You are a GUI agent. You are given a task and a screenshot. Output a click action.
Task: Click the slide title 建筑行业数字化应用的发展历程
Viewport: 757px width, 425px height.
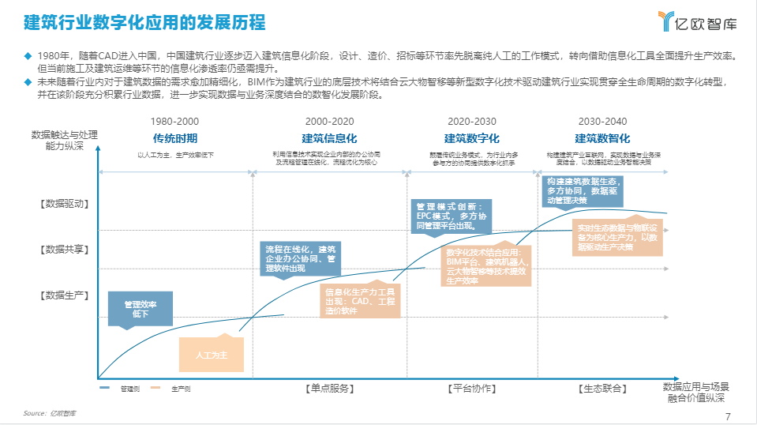tap(144, 21)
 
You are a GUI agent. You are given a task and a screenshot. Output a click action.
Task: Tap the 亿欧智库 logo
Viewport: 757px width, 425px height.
tap(697, 22)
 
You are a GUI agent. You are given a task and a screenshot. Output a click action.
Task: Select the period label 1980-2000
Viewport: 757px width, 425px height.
tap(174, 122)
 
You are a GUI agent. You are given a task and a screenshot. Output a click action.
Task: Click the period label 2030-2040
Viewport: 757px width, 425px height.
tap(602, 122)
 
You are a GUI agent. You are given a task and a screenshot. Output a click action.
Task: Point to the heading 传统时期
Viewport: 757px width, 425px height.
tap(174, 138)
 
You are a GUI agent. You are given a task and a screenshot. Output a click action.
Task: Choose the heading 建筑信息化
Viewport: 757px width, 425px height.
tap(330, 138)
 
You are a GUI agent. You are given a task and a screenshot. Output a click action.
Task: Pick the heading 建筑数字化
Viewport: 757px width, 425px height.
tap(471, 138)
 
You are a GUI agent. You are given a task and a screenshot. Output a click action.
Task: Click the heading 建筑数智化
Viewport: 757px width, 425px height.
tap(601, 138)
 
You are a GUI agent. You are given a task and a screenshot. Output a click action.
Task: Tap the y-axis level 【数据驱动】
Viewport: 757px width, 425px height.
tap(65, 204)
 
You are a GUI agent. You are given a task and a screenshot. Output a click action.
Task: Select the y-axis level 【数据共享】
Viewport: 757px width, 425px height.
tap(65, 250)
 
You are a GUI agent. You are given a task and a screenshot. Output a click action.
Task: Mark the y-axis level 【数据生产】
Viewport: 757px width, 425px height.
tap(65, 295)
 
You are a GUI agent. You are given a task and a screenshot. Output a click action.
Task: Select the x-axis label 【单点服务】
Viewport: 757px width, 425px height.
tap(329, 389)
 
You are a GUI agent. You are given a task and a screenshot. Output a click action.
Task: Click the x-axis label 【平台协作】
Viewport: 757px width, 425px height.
tap(471, 389)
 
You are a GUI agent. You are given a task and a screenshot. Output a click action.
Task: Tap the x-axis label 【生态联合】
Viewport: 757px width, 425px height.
tap(602, 389)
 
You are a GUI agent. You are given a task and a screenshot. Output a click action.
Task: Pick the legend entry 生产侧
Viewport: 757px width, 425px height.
tap(180, 389)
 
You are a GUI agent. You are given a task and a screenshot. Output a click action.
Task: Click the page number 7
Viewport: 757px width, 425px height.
tap(728, 416)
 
